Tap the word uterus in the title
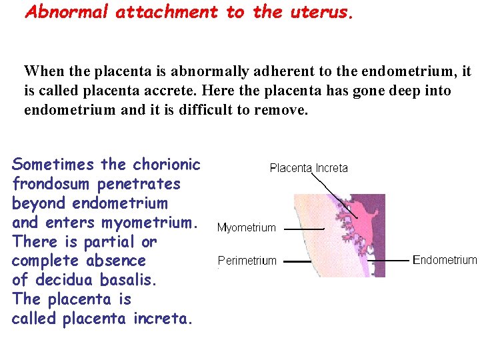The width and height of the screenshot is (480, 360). [x=317, y=12]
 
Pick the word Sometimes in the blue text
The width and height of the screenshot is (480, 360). [x=53, y=164]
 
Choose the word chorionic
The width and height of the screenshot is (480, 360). [x=167, y=164]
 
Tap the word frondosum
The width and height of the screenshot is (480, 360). [x=51, y=183]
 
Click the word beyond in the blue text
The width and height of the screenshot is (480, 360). [x=39, y=203]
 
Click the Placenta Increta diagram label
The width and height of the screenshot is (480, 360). [x=309, y=168]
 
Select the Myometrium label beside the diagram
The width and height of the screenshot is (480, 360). [x=246, y=228]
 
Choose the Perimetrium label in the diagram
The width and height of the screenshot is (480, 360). [x=247, y=261]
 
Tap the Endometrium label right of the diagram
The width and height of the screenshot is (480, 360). [x=445, y=260]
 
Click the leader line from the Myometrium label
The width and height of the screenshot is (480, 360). [x=304, y=229]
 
